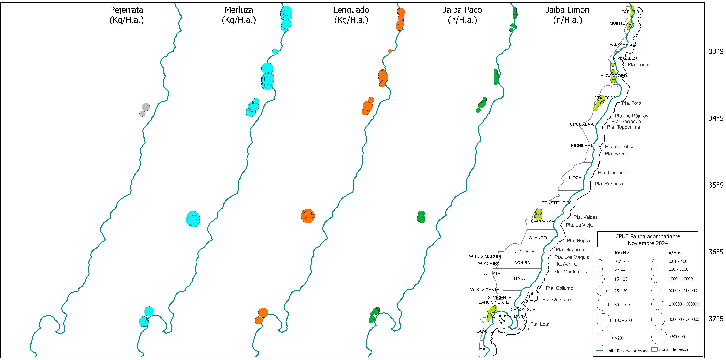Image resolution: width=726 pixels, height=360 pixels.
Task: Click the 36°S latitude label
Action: (716, 252)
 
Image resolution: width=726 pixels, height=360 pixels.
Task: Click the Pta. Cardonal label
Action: (612, 173)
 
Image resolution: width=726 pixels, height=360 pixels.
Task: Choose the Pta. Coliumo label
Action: (559, 288)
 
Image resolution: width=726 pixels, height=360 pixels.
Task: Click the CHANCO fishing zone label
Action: (537, 238)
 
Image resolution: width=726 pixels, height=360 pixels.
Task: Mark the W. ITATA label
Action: (492, 273)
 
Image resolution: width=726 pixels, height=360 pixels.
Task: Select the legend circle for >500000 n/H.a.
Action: (659, 337)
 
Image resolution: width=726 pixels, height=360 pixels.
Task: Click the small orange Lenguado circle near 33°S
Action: (390, 51)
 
